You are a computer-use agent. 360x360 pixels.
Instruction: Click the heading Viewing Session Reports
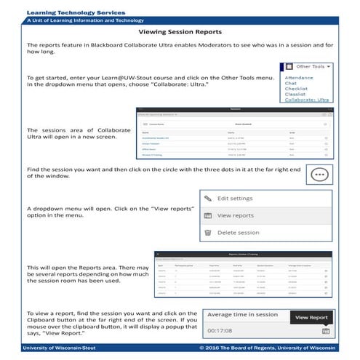[x=180, y=33]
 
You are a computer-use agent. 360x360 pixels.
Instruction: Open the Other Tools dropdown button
[x=313, y=66]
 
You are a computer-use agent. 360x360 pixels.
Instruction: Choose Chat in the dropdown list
[x=291, y=82]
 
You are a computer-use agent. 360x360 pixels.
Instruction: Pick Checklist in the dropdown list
[x=296, y=88]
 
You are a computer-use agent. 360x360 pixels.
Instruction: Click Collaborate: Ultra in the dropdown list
[x=306, y=100]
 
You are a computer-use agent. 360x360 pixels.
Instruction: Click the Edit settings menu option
[x=235, y=199]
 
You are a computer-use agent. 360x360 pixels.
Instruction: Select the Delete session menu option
[x=238, y=233]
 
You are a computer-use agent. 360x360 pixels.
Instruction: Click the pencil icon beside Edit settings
[x=207, y=198]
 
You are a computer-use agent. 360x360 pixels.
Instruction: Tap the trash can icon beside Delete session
[x=207, y=233]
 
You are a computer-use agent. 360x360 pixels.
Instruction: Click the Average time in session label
[x=244, y=314]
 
